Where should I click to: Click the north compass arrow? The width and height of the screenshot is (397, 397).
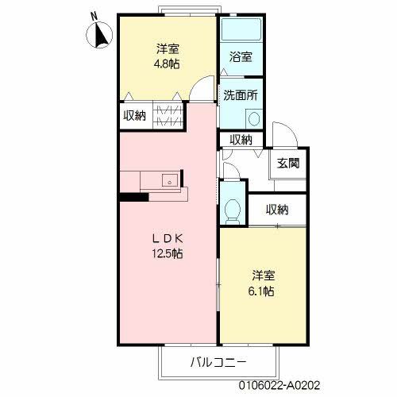click(102, 37)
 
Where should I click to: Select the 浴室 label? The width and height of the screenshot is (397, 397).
click(241, 57)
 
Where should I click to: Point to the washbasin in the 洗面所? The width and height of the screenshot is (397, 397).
click(253, 118)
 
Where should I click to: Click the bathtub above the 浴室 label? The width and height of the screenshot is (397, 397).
click(241, 31)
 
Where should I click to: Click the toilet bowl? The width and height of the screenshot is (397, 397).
click(233, 210)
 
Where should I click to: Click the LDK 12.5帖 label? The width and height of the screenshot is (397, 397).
click(168, 246)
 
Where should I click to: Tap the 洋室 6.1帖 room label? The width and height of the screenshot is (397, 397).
click(264, 283)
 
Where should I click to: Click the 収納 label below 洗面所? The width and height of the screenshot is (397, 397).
click(241, 140)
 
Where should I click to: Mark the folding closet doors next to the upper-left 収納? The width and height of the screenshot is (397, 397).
click(170, 114)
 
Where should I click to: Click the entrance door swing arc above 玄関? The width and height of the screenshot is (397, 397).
click(283, 135)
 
